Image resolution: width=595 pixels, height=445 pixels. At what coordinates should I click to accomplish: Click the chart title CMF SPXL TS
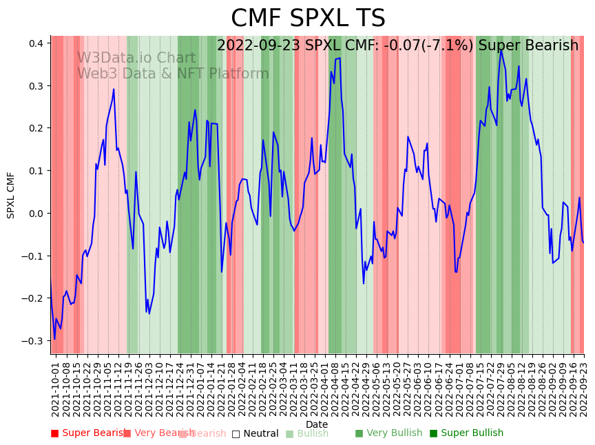coord(308,19)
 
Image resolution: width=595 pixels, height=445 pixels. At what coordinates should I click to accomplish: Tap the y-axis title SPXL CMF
coord(11,195)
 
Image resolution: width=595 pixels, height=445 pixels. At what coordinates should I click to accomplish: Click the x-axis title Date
coord(317,424)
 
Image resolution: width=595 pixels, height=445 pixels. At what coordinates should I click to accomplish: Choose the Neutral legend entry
coord(255,433)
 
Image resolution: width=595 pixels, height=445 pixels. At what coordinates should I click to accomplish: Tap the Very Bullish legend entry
coord(388,433)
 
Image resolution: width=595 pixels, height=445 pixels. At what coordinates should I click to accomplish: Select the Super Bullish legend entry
coord(466,433)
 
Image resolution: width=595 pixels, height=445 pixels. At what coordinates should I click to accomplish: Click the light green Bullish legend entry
coord(307,433)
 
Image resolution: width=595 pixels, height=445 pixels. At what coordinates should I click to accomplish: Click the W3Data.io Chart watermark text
coord(136,58)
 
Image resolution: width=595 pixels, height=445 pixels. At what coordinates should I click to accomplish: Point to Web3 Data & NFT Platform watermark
coord(173,74)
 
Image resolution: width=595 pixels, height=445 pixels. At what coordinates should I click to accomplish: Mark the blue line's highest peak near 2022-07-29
coord(501,50)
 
